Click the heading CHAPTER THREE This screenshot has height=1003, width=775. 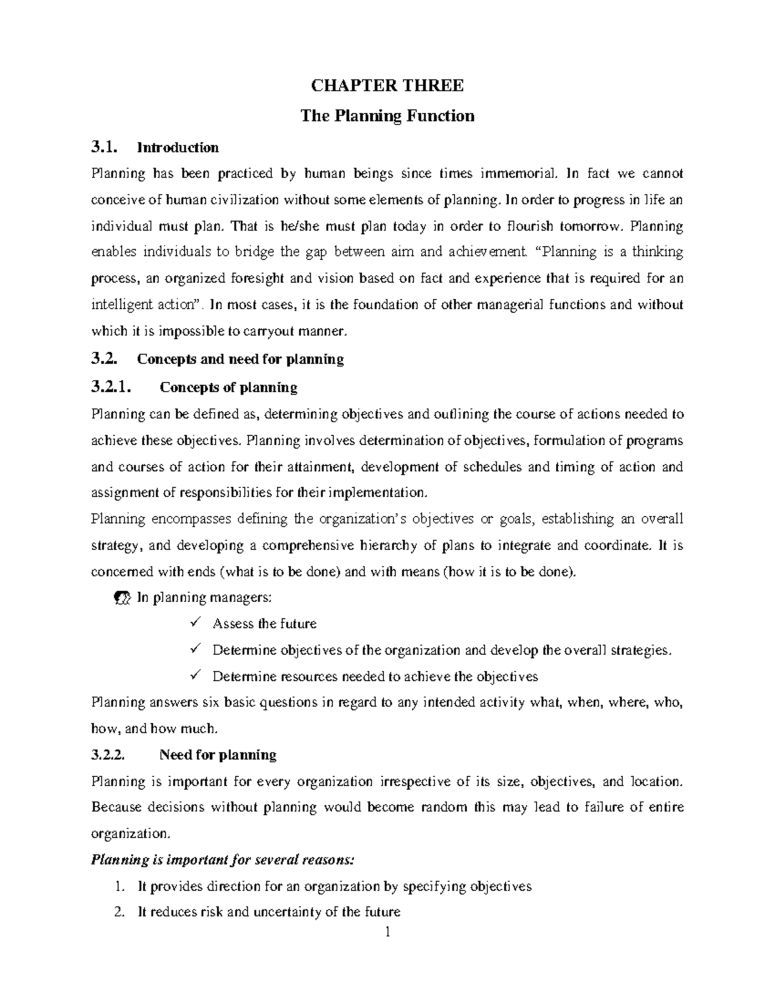(x=387, y=86)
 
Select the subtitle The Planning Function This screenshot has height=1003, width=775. (x=387, y=116)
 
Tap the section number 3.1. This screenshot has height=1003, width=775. (x=105, y=148)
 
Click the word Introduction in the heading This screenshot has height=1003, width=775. (x=178, y=148)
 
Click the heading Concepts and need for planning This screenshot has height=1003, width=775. (x=240, y=360)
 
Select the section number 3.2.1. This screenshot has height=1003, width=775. (x=111, y=388)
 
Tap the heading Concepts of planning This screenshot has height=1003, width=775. (x=228, y=388)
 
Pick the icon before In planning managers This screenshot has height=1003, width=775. (x=121, y=598)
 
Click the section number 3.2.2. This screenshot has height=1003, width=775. (x=111, y=755)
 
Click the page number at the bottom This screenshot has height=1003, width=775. (x=387, y=932)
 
